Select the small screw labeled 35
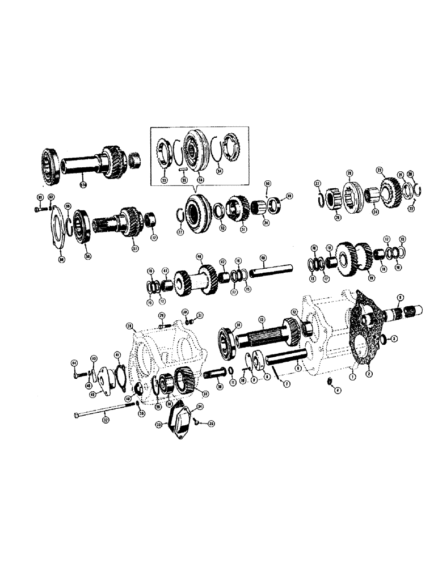coord(195,422)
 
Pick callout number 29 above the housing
coord(161,315)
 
